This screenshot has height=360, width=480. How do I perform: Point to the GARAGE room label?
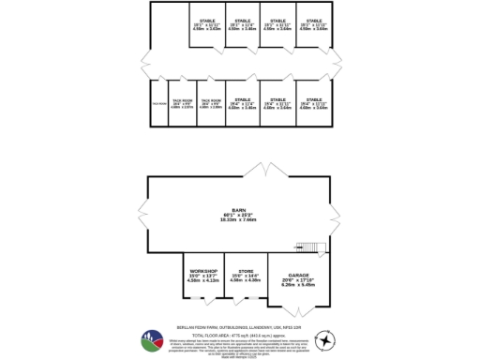click(x=298, y=275)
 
